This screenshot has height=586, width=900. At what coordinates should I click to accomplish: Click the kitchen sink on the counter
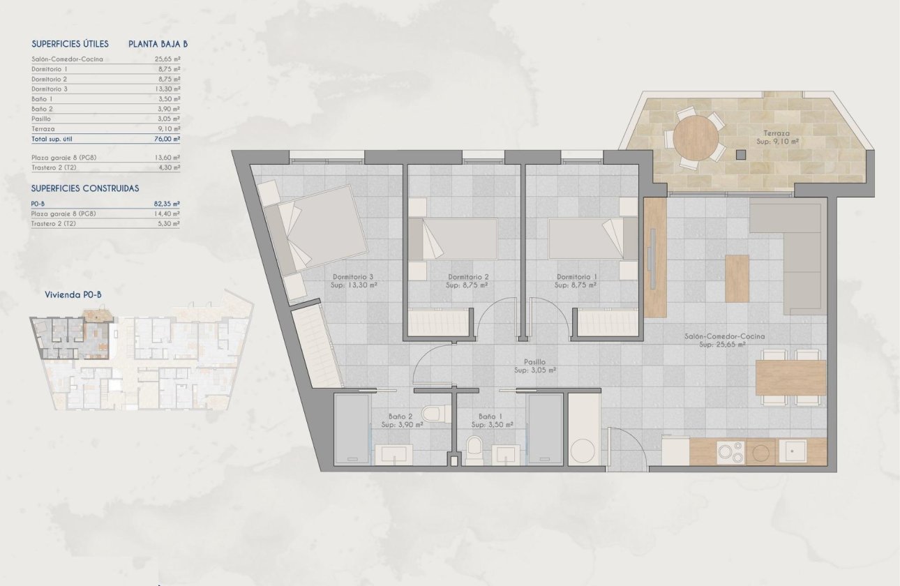pyautogui.click(x=793, y=451)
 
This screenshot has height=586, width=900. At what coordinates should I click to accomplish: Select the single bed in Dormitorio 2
pyautogui.click(x=453, y=239)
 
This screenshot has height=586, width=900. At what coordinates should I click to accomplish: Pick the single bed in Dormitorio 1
pyautogui.click(x=592, y=239)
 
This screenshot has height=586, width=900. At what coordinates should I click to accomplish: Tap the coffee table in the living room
pyautogui.click(x=737, y=278)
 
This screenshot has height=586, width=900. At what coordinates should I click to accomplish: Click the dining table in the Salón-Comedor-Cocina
pyautogui.click(x=790, y=377)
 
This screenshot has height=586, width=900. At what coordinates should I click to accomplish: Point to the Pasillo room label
pyautogui.click(x=535, y=362)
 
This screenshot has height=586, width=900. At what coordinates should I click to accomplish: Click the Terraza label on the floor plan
pyautogui.click(x=776, y=133)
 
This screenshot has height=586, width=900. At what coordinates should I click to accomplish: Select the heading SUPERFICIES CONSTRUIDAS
pyautogui.click(x=85, y=188)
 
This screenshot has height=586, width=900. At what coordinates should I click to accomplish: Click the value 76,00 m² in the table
pyautogui.click(x=167, y=139)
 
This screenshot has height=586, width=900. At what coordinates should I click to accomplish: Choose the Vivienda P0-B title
pyautogui.click(x=73, y=295)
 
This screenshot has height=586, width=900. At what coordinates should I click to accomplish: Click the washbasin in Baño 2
pyautogui.click(x=394, y=455)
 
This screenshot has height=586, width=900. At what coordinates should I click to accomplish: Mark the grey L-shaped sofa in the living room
pyautogui.click(x=802, y=258)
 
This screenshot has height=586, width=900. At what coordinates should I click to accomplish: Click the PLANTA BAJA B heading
pyautogui.click(x=158, y=43)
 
